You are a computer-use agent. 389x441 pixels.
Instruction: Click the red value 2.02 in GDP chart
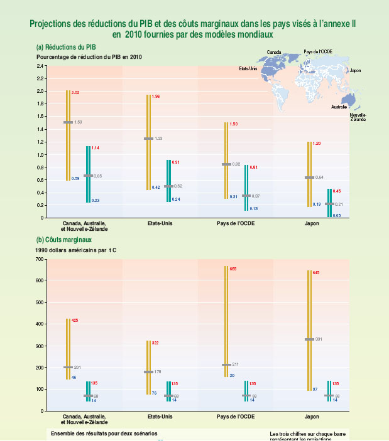pyautogui.click(x=76, y=92)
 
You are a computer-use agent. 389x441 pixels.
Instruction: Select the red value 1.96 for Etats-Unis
pyautogui.click(x=156, y=97)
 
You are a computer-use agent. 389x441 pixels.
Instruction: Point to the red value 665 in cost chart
pyautogui.click(x=233, y=268)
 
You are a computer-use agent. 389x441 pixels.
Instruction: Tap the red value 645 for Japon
pyautogui.click(x=317, y=272)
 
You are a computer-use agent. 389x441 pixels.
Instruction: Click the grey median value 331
pyautogui.click(x=319, y=339)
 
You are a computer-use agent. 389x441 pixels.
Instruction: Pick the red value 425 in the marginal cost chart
pyautogui.click(x=75, y=321)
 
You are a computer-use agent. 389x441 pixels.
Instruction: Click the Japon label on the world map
pyautogui.click(x=355, y=72)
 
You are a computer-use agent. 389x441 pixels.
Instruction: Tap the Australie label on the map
pyautogui.click(x=339, y=107)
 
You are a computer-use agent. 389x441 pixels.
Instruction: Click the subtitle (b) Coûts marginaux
pyautogui.click(x=64, y=240)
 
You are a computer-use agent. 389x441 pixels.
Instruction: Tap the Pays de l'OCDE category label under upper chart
pyautogui.click(x=234, y=223)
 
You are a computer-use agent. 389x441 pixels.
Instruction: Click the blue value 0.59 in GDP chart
pyautogui.click(x=75, y=179)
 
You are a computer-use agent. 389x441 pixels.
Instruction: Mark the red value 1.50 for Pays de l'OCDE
pyautogui.click(x=234, y=124)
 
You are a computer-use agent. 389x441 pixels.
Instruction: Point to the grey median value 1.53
pyautogui.click(x=79, y=122)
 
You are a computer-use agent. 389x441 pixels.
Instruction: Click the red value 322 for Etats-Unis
pyautogui.click(x=156, y=343)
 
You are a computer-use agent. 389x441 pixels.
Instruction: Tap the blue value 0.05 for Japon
pyautogui.click(x=337, y=215)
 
